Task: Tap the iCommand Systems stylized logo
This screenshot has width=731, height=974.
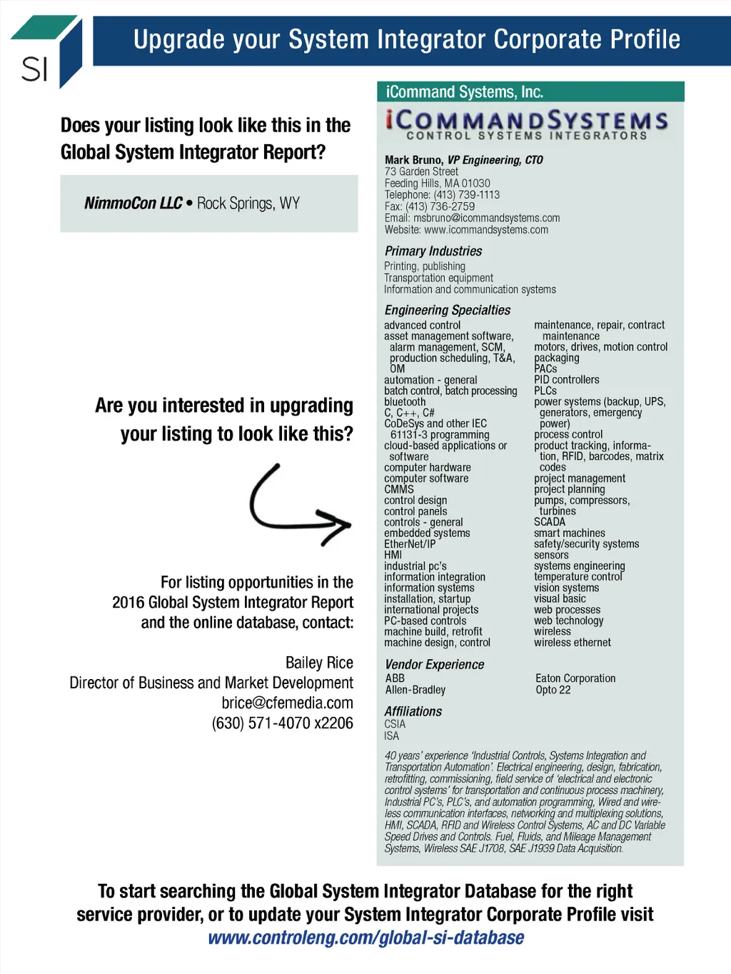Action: pyautogui.click(x=527, y=123)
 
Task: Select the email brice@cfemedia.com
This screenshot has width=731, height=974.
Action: pyautogui.click(x=287, y=703)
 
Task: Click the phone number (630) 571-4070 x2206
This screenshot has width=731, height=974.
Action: pyautogui.click(x=282, y=723)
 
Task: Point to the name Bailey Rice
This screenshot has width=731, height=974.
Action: pyautogui.click(x=319, y=663)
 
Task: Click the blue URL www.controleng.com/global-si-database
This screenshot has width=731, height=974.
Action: pyautogui.click(x=365, y=938)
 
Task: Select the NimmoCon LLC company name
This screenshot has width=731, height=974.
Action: pyautogui.click(x=133, y=204)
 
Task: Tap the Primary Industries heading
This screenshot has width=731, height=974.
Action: pyautogui.click(x=433, y=251)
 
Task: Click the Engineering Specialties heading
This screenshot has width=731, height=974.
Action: pyautogui.click(x=447, y=310)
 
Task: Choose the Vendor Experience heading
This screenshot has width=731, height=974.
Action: pyautogui.click(x=434, y=665)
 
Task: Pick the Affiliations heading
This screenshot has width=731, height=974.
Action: pyautogui.click(x=413, y=712)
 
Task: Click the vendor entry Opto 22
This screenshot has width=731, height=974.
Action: pyautogui.click(x=553, y=690)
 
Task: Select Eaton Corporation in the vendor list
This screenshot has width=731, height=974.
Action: pyautogui.click(x=575, y=678)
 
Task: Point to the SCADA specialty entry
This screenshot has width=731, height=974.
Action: pyautogui.click(x=549, y=522)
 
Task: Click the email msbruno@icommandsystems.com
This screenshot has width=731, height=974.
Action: pyautogui.click(x=486, y=218)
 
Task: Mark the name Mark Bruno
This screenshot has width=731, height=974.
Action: pyautogui.click(x=414, y=160)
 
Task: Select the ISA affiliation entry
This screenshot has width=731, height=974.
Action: pyautogui.click(x=391, y=735)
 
